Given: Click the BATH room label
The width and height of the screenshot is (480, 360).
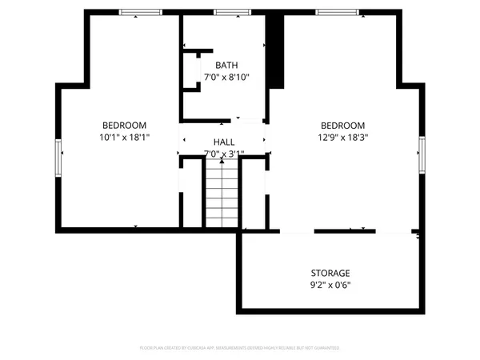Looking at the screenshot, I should click(226, 65).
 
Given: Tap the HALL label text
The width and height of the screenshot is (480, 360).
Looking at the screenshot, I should click(224, 141).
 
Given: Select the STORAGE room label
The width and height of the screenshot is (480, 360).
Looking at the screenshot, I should click(330, 273).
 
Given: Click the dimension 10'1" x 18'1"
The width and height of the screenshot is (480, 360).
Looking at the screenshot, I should click(124, 137).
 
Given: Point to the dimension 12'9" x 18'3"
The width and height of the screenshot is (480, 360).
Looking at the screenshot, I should click(342, 137).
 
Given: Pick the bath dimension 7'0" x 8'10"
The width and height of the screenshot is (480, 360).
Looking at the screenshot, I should click(226, 78).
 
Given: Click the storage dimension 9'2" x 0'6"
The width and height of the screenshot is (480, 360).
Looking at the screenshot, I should click(330, 285).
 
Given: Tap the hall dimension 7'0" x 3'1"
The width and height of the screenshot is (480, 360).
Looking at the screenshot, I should click(224, 154).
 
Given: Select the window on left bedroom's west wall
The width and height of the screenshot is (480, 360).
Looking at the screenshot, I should click(58, 158).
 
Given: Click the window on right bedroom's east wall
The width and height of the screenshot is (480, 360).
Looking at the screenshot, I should click(421, 154).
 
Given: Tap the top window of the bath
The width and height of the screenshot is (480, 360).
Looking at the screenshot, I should click(230, 12).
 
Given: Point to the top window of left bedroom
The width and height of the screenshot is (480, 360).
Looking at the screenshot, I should click(136, 12).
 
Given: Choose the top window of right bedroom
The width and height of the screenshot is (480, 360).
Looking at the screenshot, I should click(332, 12).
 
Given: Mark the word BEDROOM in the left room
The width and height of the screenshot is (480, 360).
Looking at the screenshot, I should click(124, 125).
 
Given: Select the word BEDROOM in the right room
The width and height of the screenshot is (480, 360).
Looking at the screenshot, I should click(342, 125).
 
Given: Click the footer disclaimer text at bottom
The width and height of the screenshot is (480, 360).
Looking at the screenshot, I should click(240, 348).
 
